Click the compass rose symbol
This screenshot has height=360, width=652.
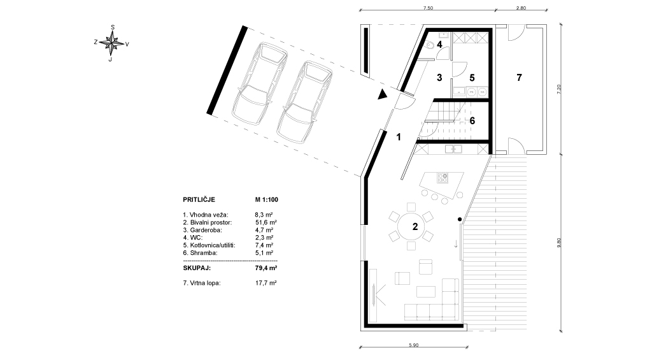pos(111,43)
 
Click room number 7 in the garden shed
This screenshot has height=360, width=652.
pos(519,77)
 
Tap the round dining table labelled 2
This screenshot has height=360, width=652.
pos(412,226)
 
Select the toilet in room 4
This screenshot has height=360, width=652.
pos(431,44)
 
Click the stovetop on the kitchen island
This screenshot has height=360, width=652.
pos(443,178)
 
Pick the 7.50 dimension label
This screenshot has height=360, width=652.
pos(428,8)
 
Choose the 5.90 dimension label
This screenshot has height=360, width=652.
pos(413,345)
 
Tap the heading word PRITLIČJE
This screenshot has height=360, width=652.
pos(199,200)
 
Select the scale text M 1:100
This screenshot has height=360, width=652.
pos(267,200)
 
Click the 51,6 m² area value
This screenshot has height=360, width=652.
pos(266,222)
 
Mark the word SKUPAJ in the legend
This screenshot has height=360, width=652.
pos(197,268)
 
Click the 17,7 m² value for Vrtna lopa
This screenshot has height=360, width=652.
pos(266,283)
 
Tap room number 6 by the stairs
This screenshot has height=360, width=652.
pos(472,120)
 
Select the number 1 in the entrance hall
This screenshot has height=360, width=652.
pos(399,137)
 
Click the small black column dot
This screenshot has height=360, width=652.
pos(460,219)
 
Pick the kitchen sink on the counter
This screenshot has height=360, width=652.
pos(453,148)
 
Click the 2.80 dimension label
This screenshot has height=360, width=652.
pos(521,8)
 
